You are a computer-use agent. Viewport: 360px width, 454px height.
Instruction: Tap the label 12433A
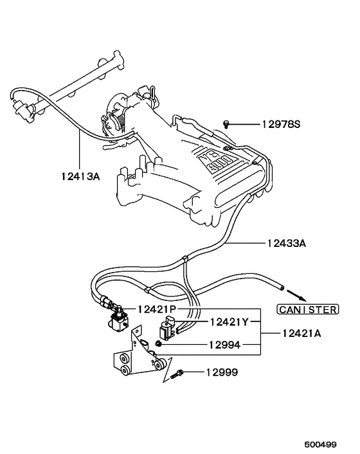coord(284,244)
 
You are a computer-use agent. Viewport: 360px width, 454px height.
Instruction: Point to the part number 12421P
coord(157,309)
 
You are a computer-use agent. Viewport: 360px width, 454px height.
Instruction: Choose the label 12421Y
coord(228,321)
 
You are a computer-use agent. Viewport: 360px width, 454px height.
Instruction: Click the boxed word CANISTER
coord(307,309)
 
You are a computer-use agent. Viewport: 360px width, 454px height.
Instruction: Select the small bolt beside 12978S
coord(228,123)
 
